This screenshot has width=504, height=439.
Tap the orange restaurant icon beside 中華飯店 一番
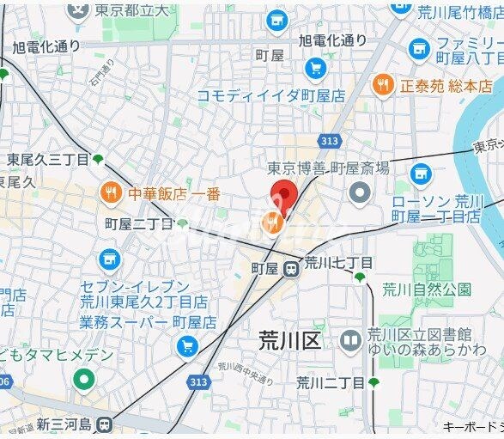[110, 193]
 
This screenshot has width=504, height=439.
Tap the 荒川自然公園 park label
[426, 289]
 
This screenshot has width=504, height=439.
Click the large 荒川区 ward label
[289, 340]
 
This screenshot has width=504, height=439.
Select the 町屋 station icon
[292, 268]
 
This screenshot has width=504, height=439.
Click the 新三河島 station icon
[105, 424]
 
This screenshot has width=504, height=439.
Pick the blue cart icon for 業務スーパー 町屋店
[186, 346]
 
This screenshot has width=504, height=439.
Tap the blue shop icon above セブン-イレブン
[109, 259]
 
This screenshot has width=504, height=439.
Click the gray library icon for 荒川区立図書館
[349, 342]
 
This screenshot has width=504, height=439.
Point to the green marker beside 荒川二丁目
[373, 381]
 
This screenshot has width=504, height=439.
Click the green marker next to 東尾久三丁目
[98, 159]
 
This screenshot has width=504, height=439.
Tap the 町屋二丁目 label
[138, 224]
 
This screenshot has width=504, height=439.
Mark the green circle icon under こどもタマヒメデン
[83, 377]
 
